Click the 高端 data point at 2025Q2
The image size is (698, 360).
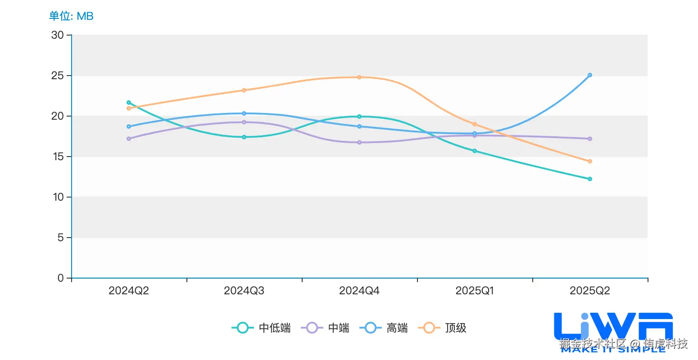tap(590, 75)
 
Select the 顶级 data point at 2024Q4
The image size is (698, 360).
tap(359, 77)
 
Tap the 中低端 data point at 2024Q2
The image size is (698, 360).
tap(129, 103)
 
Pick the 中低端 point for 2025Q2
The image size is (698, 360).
tap(590, 179)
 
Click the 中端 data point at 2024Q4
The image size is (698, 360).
tap(359, 142)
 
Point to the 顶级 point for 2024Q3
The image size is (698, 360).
tap(244, 90)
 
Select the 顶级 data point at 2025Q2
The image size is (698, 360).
tap(590, 161)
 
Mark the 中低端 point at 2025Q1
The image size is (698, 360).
tap(475, 151)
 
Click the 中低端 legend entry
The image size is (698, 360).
tap(261, 328)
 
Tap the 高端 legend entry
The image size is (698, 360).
tap(384, 328)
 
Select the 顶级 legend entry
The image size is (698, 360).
tap(442, 328)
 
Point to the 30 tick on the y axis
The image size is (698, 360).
tap(58, 35)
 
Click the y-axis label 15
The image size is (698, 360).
tap(58, 157)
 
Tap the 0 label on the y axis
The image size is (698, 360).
tap(61, 278)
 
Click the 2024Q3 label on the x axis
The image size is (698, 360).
tap(244, 291)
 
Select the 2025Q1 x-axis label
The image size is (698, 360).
tap(475, 291)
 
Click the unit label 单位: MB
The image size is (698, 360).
tap(71, 16)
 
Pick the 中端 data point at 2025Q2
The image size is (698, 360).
tap(590, 139)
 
